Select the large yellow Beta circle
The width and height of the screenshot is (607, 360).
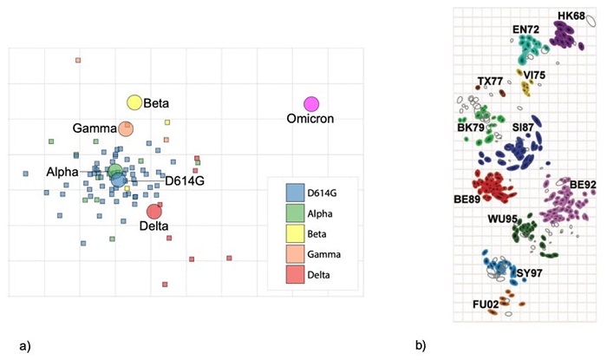[x=134, y=103]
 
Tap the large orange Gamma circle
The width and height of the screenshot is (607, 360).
[x=126, y=129]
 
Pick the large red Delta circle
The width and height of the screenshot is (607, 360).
[x=154, y=211]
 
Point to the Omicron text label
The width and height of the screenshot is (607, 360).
[x=311, y=119]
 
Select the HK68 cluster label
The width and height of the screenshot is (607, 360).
[x=571, y=16]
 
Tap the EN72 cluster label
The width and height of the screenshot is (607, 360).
[x=525, y=29]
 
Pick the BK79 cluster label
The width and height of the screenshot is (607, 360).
[x=471, y=128]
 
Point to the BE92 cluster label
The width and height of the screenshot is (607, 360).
[x=583, y=185]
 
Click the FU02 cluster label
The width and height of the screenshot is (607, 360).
[x=486, y=304]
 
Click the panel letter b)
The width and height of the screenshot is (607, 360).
[x=420, y=346]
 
